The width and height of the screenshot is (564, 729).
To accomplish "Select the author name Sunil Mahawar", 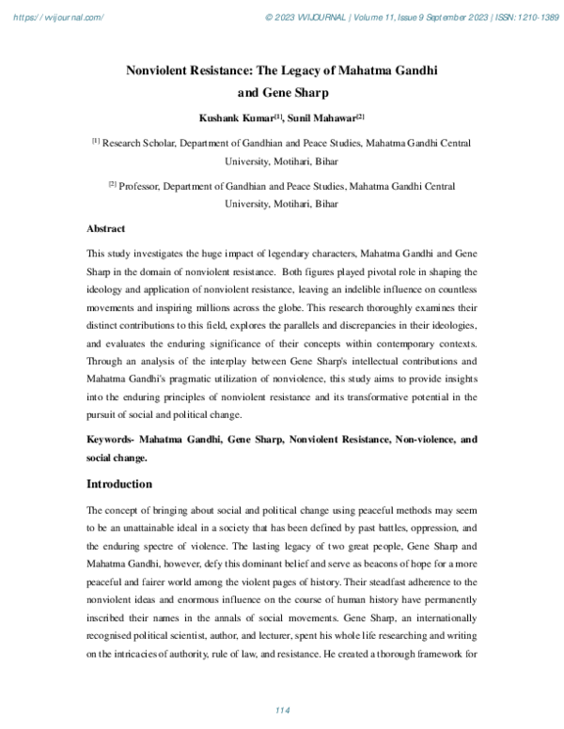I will pos(320,119).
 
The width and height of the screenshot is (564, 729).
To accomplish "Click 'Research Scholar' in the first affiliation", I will pos(137,144).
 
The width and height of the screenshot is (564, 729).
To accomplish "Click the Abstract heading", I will pos(106,228).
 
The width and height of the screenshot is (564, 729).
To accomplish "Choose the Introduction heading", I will pos(119,484).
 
